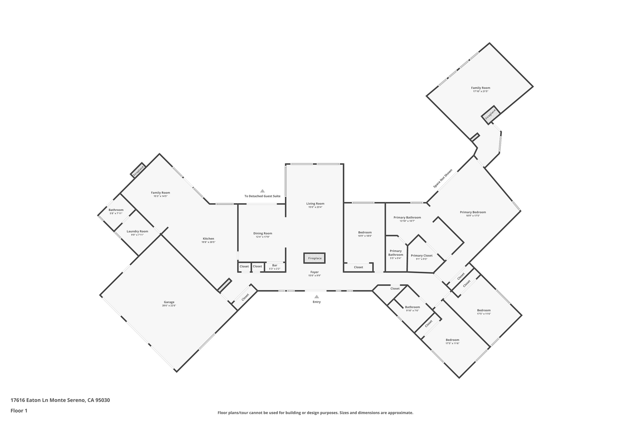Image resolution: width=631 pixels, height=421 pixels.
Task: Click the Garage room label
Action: pyautogui.click(x=169, y=302)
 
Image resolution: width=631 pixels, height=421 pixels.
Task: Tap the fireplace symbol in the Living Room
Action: pyautogui.click(x=314, y=258)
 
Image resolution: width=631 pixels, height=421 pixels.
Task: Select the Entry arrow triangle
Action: pyautogui.click(x=316, y=297)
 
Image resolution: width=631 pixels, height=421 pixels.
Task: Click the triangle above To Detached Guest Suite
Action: pyautogui.click(x=262, y=191)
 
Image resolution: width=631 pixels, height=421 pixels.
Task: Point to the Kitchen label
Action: pyautogui.click(x=208, y=238)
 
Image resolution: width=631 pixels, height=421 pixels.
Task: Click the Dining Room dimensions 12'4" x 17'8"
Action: pyautogui.click(x=263, y=237)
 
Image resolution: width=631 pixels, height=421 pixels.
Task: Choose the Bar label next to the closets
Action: pyautogui.click(x=275, y=265)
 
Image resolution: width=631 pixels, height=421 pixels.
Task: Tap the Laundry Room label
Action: pyautogui.click(x=137, y=231)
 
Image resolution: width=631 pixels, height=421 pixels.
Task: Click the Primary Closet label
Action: pyautogui.click(x=421, y=255)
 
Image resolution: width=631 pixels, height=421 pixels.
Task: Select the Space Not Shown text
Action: pyautogui.click(x=443, y=179)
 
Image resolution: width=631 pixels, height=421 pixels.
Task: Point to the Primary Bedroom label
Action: pyautogui.click(x=473, y=212)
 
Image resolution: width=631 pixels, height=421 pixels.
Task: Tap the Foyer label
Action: pyautogui.click(x=314, y=272)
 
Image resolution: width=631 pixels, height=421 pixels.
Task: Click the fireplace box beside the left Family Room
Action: pyautogui.click(x=138, y=171)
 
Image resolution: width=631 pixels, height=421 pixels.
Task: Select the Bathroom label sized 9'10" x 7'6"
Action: pyautogui.click(x=412, y=307)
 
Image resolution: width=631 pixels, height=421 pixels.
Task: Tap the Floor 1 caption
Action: pyautogui.click(x=19, y=411)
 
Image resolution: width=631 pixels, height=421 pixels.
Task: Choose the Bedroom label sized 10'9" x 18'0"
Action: pyautogui.click(x=365, y=232)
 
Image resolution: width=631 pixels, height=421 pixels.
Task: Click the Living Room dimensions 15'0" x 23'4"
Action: pyautogui.click(x=315, y=207)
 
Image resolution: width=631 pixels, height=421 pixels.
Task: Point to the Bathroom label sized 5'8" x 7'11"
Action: pyautogui.click(x=116, y=210)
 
